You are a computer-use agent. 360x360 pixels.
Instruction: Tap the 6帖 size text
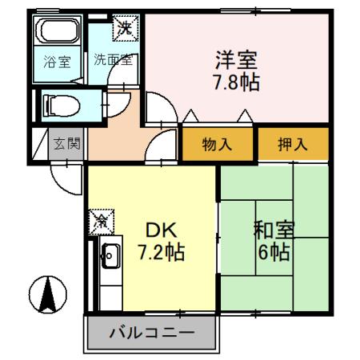tap(274, 255)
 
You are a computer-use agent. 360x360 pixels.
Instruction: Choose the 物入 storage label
tap(217, 145)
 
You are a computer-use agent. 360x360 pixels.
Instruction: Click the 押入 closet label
tap(292, 145)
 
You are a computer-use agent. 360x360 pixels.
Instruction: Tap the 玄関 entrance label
tap(66, 145)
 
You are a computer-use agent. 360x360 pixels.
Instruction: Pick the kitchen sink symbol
tap(109, 257)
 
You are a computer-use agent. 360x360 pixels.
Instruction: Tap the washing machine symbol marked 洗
tap(125, 26)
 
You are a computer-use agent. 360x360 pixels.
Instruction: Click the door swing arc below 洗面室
tap(123, 83)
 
